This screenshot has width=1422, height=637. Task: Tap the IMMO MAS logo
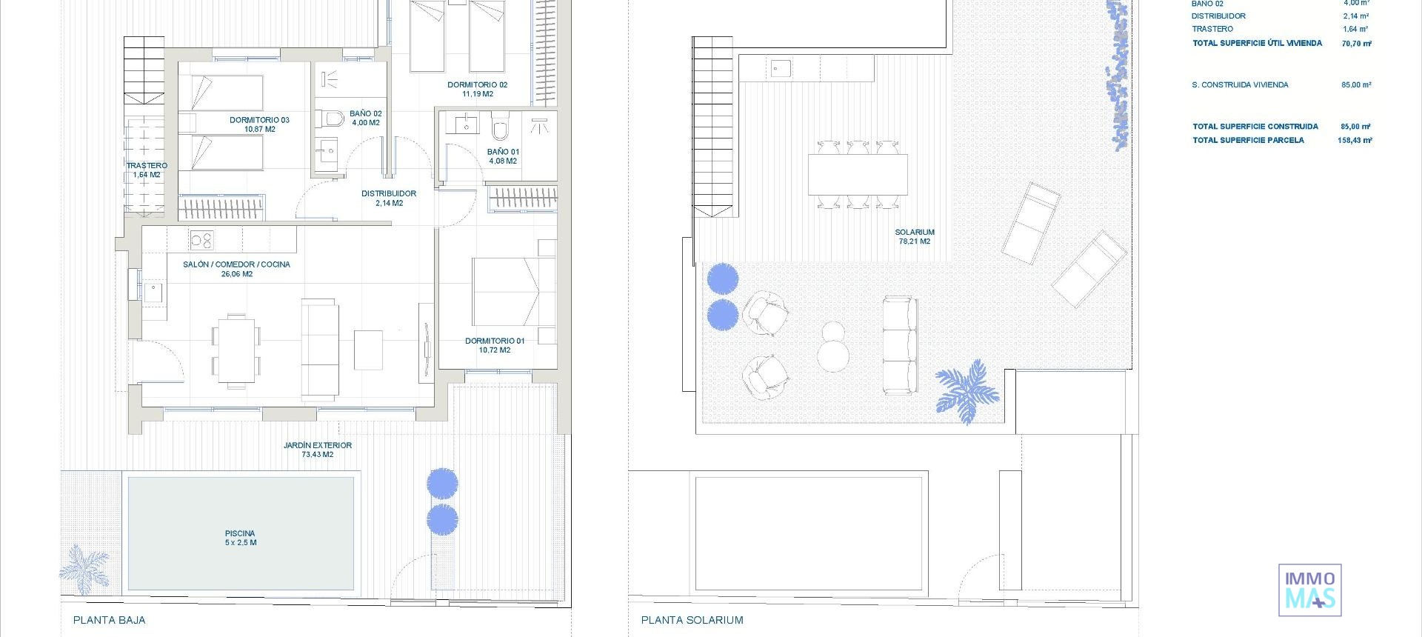[1309, 590]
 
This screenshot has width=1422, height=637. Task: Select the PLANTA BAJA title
[109, 620]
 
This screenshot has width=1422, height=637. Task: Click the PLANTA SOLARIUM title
[692, 620]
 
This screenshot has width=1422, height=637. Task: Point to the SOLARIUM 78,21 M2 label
[914, 236]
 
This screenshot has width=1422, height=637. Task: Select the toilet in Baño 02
[330, 119]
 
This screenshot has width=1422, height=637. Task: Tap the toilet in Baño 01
[501, 129]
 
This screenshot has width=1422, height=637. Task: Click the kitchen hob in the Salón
[201, 240]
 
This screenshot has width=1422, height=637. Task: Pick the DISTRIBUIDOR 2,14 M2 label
[389, 198]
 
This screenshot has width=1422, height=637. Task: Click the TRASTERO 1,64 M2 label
[147, 170]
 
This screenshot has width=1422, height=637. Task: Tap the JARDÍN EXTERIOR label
[317, 450]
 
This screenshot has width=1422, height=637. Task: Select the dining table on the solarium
[858, 175]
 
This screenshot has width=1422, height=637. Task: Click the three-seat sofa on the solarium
[899, 345]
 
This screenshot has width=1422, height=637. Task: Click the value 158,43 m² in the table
[1355, 140]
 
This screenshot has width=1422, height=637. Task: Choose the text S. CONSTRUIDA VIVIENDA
[1240, 85]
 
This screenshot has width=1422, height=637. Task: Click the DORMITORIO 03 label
[259, 124]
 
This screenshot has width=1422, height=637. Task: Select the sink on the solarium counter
[781, 69]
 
